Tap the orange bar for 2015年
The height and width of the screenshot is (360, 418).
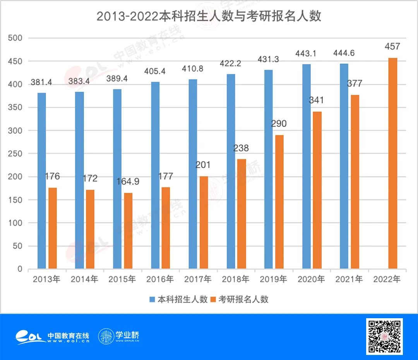[x=128, y=231]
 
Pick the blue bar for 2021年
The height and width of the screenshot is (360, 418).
[x=344, y=166]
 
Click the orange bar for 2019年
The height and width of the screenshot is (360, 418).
[x=279, y=202]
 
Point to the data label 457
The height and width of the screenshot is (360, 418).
[x=392, y=47]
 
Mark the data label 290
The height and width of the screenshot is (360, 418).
[x=279, y=124]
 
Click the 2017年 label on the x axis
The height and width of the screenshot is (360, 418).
[x=198, y=279]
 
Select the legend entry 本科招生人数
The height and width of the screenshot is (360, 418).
[x=178, y=299]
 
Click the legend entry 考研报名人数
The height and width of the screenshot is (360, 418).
[x=239, y=299]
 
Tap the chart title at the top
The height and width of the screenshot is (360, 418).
[x=209, y=16]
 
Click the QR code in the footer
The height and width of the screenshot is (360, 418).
[x=384, y=336]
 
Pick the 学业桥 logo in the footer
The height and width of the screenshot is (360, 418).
[x=119, y=336]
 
